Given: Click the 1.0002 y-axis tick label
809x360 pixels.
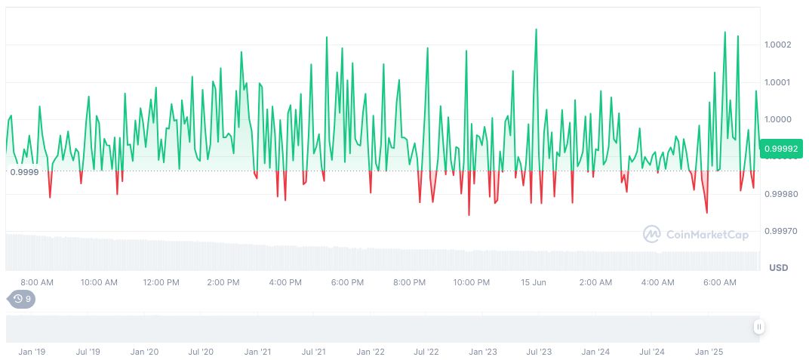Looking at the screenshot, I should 777,45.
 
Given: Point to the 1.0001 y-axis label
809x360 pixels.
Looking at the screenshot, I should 777,82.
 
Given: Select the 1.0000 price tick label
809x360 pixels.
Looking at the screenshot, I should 777,119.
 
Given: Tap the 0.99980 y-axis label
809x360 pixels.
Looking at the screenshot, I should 780,194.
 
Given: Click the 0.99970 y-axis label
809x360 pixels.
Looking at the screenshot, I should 780,231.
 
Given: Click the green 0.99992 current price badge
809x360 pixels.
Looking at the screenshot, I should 780,149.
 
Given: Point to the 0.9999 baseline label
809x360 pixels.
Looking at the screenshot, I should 26,172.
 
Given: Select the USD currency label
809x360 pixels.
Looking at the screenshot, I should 778,268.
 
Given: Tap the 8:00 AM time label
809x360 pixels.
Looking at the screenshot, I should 37,282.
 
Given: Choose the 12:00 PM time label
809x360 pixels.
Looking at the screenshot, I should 161,282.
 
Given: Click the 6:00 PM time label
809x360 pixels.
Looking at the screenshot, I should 348,282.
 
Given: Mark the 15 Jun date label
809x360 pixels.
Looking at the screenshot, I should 534,282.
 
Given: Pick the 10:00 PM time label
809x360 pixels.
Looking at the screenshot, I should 472,282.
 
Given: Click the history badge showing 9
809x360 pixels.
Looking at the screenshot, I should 22,299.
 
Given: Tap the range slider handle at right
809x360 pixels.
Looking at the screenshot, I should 758,327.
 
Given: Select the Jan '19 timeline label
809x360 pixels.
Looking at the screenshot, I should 32,352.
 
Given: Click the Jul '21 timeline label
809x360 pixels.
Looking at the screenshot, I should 313,352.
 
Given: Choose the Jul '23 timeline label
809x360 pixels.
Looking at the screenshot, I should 539,352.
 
